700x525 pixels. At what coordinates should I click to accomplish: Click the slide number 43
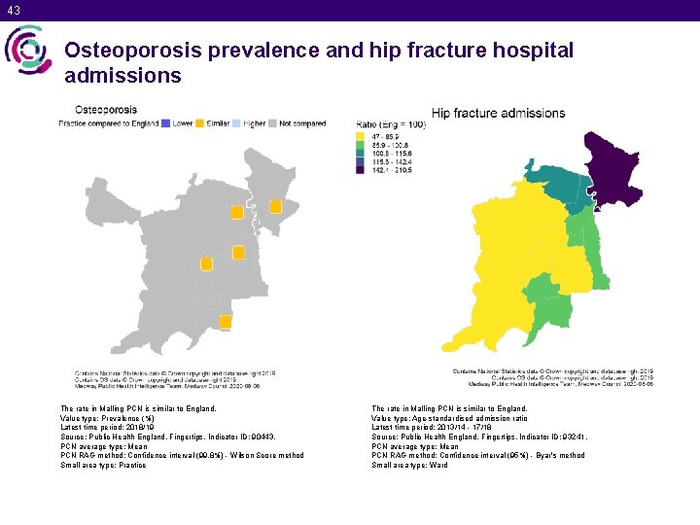coord(12,10)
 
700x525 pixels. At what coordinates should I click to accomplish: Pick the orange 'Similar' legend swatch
coord(198,123)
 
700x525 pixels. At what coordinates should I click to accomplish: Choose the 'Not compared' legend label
coord(303,123)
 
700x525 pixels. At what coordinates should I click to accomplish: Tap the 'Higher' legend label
coord(254,123)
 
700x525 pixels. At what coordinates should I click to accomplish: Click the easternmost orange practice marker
coord(275,206)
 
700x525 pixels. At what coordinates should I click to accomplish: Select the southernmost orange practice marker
coord(226,321)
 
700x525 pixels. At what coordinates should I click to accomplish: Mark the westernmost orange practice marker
coord(206,263)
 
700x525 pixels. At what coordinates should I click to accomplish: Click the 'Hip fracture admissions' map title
coord(498,113)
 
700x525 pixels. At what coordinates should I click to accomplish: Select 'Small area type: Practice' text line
coord(104,466)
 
